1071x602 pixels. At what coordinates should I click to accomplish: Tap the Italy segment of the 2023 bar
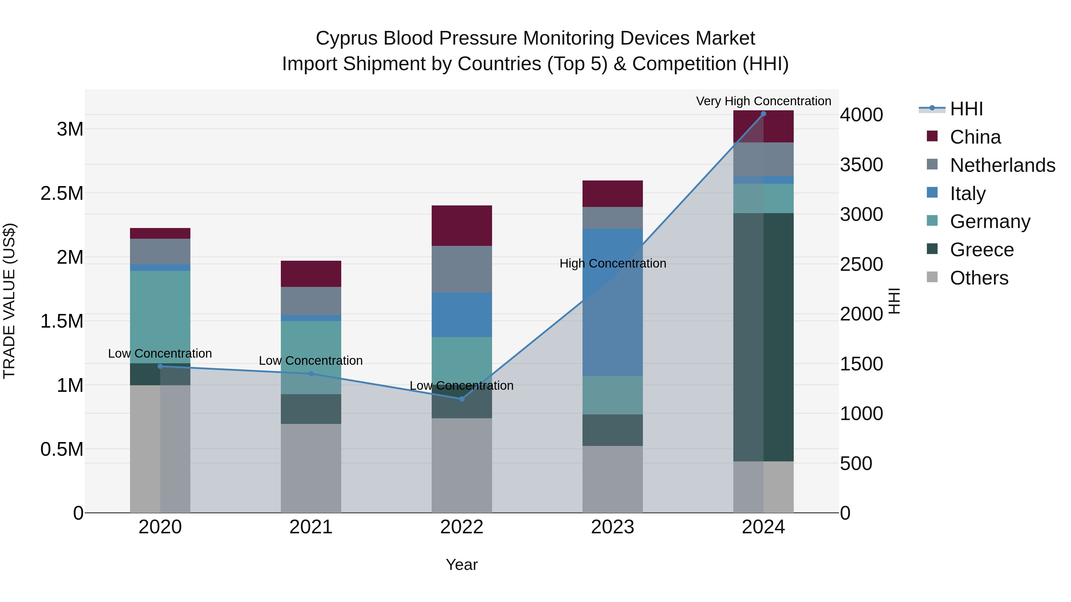[613, 302]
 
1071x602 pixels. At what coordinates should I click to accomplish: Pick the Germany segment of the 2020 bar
[160, 317]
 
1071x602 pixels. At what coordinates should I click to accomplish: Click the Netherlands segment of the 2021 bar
[311, 301]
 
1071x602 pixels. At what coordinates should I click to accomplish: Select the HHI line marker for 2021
[311, 373]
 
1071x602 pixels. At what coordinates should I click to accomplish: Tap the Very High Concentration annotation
[763, 101]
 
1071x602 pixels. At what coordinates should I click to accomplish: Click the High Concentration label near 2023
[613, 263]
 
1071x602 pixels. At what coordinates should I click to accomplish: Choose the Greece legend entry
[982, 250]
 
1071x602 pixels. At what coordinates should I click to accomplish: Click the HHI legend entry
[966, 109]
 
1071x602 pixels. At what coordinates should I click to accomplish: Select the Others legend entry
[979, 278]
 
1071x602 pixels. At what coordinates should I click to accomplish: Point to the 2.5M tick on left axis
[62, 194]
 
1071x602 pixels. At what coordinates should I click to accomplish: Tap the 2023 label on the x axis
[613, 527]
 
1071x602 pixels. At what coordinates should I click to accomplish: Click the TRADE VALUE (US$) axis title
[9, 301]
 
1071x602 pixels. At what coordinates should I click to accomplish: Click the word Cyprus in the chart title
[347, 38]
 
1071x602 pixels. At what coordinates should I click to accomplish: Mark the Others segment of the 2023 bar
[613, 479]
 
